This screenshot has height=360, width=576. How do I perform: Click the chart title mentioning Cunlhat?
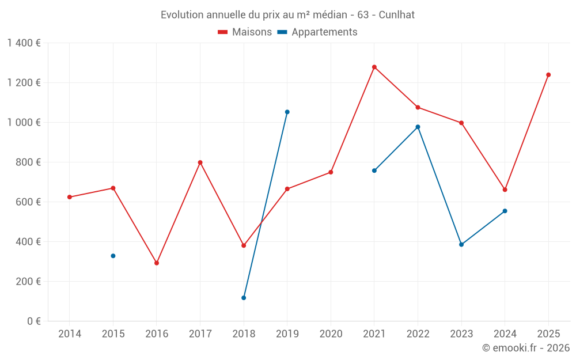click(x=287, y=15)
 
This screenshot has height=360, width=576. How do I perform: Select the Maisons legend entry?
click(x=245, y=32)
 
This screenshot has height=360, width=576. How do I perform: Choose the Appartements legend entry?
click(x=317, y=32)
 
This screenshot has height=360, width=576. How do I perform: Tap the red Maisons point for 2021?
click(x=374, y=67)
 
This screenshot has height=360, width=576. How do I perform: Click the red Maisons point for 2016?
click(x=157, y=263)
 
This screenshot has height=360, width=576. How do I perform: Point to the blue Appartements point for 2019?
click(x=287, y=112)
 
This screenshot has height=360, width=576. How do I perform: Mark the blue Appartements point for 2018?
click(x=244, y=298)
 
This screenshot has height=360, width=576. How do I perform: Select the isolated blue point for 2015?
click(x=113, y=256)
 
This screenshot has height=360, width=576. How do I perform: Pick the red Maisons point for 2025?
click(x=548, y=75)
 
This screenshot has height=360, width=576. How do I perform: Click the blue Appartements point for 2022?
click(x=418, y=127)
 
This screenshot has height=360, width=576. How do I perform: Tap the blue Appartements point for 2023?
click(x=461, y=245)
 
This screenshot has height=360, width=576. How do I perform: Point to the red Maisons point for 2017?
click(x=200, y=162)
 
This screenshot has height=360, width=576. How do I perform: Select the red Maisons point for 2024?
click(x=505, y=190)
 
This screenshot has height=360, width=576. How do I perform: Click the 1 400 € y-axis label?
click(x=24, y=43)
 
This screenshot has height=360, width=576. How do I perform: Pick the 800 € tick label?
click(x=29, y=162)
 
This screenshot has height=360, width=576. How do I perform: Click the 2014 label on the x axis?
click(x=70, y=334)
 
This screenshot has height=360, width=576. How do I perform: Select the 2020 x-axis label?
click(x=331, y=334)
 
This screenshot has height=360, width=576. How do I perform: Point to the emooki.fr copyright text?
click(x=525, y=348)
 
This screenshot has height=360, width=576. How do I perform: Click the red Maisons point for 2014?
click(x=70, y=197)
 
